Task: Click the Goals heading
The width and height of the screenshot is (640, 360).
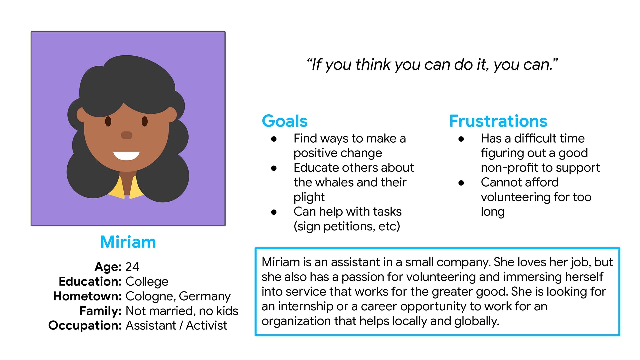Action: [285, 121]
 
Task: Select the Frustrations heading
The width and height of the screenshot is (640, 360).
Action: [498, 121]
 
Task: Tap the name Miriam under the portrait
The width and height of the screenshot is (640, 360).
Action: [128, 242]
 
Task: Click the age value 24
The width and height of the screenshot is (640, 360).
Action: [132, 267]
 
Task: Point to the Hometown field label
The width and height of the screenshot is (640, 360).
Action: [88, 296]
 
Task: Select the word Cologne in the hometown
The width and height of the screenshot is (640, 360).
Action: [150, 296]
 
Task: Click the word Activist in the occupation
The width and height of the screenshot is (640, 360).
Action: [206, 325]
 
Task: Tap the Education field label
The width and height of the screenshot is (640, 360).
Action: [90, 281]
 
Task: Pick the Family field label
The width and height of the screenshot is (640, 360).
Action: [100, 311]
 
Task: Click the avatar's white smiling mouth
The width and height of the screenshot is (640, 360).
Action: [126, 156]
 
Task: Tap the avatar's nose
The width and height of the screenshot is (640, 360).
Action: [126, 135]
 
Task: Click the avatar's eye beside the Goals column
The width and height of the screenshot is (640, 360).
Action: [145, 121]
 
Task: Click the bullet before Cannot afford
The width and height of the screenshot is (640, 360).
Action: [461, 183]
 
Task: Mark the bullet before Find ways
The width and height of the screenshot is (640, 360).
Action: [274, 139]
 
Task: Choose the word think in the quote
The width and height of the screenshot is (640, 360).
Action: [373, 64]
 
